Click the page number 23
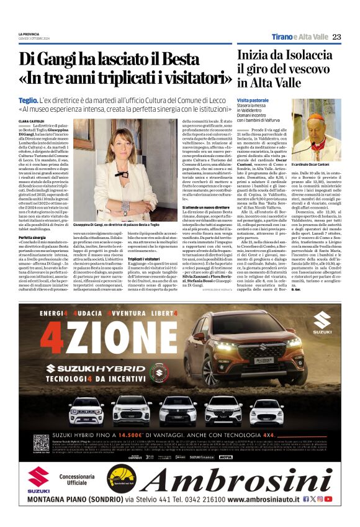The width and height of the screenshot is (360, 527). point(337,37)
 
